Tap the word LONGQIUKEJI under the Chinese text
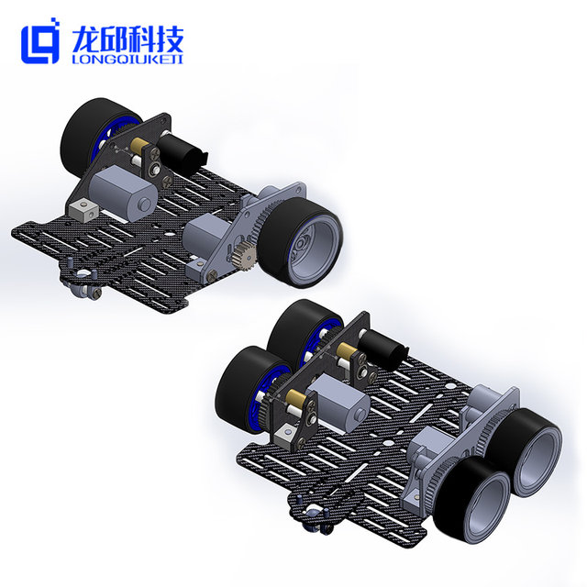point(127,60)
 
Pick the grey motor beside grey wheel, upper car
point(207,235)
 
